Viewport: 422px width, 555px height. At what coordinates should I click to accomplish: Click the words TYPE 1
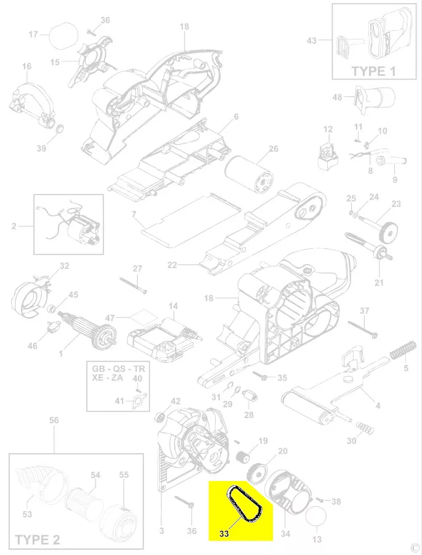373,71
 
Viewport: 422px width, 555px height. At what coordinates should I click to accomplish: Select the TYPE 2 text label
38,540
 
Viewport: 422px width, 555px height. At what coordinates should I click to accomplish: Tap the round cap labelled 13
315,518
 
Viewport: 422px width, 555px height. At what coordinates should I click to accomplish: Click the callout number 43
311,41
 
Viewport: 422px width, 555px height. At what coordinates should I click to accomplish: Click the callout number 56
54,421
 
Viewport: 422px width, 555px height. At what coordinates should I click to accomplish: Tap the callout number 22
172,265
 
